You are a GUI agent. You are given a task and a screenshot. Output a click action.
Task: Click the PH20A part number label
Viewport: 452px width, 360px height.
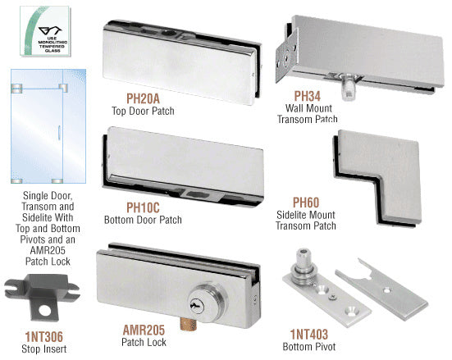143,98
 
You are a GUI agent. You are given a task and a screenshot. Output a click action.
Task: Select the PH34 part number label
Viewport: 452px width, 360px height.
308,96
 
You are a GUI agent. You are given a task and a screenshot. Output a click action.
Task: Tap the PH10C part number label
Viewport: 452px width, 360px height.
143,207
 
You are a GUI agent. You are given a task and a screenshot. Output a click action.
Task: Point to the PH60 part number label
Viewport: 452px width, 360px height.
306,203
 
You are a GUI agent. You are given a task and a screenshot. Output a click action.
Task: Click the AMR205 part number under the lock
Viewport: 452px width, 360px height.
144,330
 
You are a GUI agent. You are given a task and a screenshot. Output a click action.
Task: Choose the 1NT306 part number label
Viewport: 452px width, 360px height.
43,337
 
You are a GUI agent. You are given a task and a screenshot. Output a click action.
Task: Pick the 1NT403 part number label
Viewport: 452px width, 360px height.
309,335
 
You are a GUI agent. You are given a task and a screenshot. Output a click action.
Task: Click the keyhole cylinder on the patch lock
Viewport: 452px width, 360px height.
204,303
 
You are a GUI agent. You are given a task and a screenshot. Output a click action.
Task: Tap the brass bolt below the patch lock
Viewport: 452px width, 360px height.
188,323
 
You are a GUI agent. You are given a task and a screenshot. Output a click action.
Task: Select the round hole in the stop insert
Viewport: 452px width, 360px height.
45,311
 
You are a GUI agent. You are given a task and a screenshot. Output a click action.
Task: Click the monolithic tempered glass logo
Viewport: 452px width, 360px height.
45,31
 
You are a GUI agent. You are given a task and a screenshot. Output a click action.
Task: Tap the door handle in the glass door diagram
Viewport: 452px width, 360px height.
59,133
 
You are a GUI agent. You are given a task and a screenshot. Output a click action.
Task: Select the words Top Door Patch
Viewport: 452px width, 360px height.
143,111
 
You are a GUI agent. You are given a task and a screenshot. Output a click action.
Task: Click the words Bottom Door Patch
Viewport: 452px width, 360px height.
143,220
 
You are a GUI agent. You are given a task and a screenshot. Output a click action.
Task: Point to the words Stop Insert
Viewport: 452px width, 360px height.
43,349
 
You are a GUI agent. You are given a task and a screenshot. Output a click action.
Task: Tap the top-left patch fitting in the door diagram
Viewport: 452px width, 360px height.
16,89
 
